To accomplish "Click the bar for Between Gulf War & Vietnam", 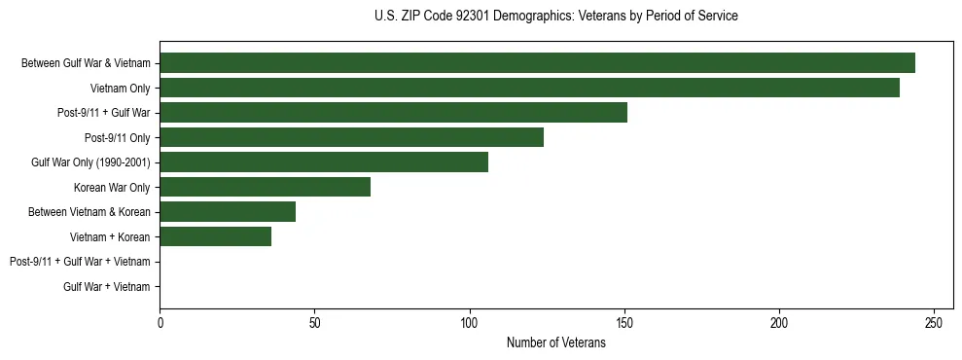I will pos(537,63).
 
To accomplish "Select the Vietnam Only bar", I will pos(529,88).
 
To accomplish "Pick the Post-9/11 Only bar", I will pos(351,137).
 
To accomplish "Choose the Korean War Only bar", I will pos(265,187).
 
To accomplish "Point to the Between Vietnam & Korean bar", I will pos(228,212).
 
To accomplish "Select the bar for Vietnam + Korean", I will pos(215,236).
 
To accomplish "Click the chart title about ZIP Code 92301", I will pos(555,17).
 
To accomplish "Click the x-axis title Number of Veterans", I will pos(555,343).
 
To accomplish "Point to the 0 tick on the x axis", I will pos(160,322).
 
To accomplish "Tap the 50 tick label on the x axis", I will pos(314,322).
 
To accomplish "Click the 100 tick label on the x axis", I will pos(469,322).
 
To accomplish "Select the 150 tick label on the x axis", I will pos(624,322).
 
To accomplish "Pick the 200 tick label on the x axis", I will pos(779,322).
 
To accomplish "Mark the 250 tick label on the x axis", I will pos(934,322).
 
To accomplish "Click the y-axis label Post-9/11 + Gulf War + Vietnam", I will pos(80,262).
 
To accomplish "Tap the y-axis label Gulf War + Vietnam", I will pos(107,287).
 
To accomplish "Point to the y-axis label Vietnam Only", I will pos(121,89).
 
